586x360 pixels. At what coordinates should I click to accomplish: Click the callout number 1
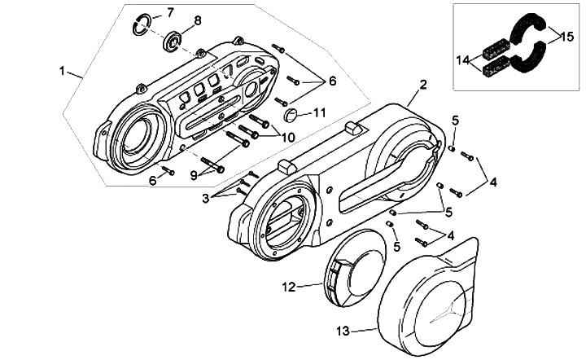pyautogui.click(x=63, y=72)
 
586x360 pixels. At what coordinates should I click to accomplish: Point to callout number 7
pyautogui.click(x=170, y=11)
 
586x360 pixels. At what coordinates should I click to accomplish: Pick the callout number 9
pyautogui.click(x=194, y=174)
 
